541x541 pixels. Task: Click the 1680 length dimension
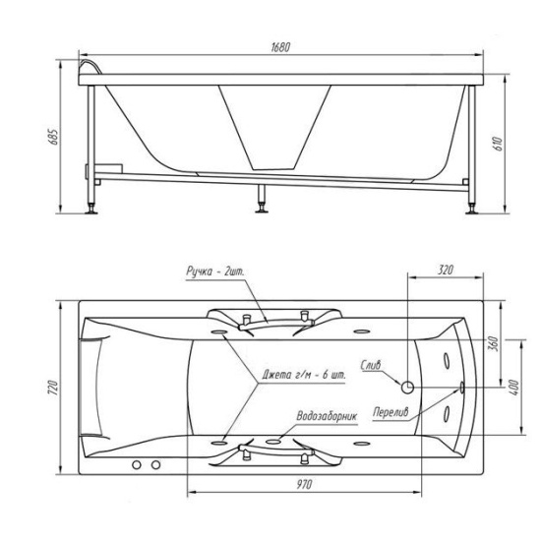pyautogui.click(x=280, y=47)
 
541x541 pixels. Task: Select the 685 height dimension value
pyautogui.click(x=53, y=137)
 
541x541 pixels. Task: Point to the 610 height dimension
pyautogui.click(x=499, y=144)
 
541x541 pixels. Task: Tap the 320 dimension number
pyautogui.click(x=446, y=270)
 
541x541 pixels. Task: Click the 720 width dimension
pyautogui.click(x=53, y=388)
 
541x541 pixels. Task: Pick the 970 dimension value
pyautogui.click(x=304, y=484)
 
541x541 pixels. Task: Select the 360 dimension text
pyautogui.click(x=494, y=343)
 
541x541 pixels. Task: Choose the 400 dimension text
pyautogui.click(x=513, y=388)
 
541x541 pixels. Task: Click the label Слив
pyautogui.click(x=371, y=365)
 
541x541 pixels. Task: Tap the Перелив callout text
pyautogui.click(x=391, y=411)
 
